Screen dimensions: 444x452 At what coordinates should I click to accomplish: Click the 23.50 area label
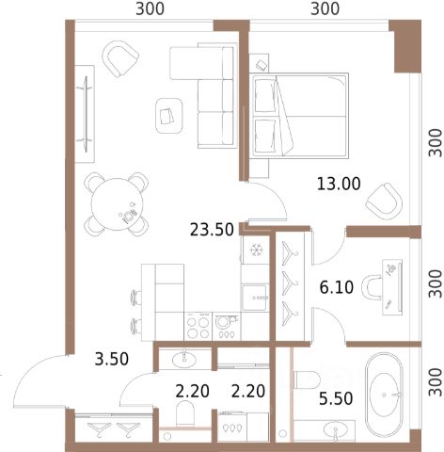click(212, 230)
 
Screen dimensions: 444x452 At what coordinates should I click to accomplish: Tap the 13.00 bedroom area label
click(339, 184)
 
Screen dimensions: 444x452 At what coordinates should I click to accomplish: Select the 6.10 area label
click(337, 287)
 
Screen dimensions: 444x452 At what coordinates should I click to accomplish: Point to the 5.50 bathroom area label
click(336, 398)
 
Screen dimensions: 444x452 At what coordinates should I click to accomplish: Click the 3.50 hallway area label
click(112, 359)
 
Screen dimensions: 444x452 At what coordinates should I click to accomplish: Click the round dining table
click(118, 204)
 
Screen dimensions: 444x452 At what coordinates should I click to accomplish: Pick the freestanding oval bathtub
click(384, 395)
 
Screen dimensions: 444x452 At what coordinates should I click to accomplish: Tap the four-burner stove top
click(198, 327)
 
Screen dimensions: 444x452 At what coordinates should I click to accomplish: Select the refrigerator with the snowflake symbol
click(256, 250)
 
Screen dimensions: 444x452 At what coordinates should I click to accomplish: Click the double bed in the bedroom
click(299, 116)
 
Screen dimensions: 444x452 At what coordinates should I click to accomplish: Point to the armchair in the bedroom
click(384, 202)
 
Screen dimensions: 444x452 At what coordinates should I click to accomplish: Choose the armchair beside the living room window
click(120, 58)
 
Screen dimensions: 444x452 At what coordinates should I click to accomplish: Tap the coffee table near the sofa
click(169, 115)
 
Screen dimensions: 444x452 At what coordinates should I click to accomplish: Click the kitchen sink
click(256, 298)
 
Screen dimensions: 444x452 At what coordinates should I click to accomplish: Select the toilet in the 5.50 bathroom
click(307, 379)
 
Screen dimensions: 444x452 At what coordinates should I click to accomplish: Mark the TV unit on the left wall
click(85, 114)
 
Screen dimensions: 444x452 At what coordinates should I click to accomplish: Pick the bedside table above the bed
click(260, 63)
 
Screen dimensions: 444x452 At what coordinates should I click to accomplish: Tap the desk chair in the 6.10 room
click(372, 287)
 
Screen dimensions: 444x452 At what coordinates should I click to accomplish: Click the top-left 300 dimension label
click(150, 8)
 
